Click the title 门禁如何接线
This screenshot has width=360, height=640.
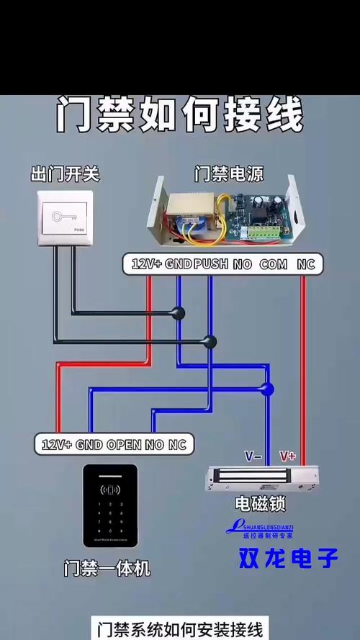coord(180,115)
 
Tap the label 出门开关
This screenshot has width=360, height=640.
coord(65,173)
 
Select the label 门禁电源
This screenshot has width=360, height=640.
coord(229,173)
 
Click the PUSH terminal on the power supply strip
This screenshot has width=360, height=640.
coord(211,264)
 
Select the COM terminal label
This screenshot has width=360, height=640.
coord(273,264)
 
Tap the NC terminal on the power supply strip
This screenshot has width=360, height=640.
coord(307,264)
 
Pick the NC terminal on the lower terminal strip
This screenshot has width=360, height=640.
coord(177,444)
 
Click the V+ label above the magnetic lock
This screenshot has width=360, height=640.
coord(288,456)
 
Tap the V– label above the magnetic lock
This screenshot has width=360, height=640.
coord(253,456)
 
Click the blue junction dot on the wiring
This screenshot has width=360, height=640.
coord(267,389)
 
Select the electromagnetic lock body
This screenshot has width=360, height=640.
coord(261,477)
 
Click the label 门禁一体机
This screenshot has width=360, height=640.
coord(107,568)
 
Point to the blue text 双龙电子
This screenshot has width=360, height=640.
coord(289,558)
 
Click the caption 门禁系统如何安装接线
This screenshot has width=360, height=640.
coord(180,627)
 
